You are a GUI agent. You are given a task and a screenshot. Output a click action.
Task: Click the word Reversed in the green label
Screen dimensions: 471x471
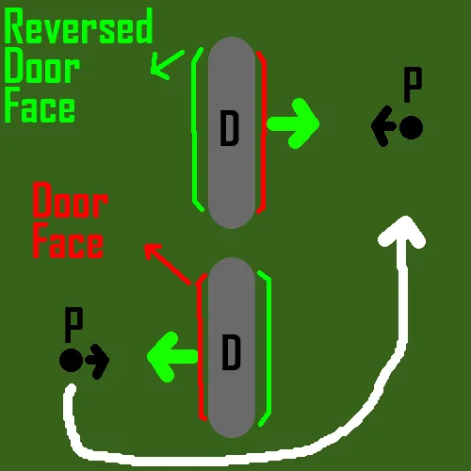coord(78,25)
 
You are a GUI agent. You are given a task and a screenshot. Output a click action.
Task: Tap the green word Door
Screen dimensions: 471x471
coord(41,66)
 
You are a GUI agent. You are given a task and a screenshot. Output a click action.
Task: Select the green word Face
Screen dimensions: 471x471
coord(40,106)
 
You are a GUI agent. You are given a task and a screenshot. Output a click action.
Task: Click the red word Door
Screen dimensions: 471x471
coord(71,201)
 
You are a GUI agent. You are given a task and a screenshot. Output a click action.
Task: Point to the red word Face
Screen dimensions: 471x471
coord(68,240)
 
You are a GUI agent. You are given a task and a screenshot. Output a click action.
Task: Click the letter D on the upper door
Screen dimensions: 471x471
coord(230,128)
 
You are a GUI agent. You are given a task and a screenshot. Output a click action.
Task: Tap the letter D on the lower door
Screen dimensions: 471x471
coord(232,352)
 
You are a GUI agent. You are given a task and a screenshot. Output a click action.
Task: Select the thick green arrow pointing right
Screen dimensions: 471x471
coord(293,123)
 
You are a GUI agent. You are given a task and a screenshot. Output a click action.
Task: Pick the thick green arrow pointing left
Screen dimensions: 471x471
coord(172,357)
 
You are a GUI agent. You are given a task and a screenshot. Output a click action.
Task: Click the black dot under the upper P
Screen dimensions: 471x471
coord(411,127)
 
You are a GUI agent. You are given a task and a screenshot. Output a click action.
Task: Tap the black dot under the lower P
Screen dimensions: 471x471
coord(72,360)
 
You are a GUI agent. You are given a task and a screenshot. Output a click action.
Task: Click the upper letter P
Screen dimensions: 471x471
coord(413,85)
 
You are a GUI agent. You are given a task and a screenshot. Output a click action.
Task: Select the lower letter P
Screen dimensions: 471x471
coord(73,325)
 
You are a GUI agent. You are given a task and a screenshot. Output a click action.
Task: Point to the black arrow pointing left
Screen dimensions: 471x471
coord(384,126)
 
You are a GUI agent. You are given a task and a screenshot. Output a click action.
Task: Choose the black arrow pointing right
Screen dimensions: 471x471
coord(97,361)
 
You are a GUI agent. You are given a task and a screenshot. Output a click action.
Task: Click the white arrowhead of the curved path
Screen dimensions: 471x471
coord(403,234)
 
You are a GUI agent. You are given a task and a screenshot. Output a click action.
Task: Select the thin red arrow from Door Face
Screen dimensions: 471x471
coord(168,265)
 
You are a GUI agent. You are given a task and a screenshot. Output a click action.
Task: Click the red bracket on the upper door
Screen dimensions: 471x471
coord(263,132)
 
